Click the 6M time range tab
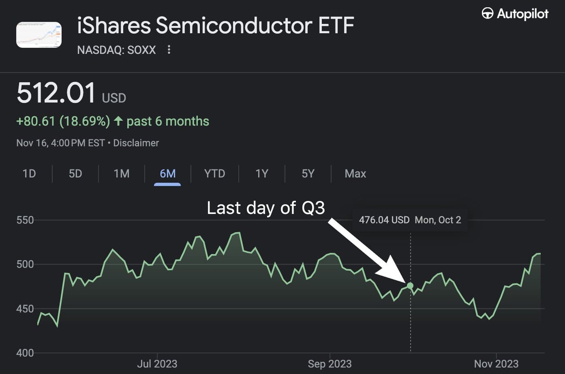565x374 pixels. point(167,174)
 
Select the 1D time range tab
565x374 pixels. point(29,174)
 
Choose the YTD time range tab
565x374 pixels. point(214,174)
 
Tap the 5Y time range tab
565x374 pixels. point(308,174)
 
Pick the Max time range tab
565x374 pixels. point(355,174)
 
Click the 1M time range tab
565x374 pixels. point(122,174)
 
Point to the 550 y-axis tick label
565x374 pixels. point(25,220)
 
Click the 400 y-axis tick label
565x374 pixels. point(25,353)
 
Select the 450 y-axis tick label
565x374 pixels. point(25,309)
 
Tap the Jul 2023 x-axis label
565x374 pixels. point(157,364)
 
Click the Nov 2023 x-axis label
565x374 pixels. point(496,364)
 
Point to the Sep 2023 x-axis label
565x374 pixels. point(330,364)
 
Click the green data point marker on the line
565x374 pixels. point(410,286)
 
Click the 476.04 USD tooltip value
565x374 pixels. point(384,220)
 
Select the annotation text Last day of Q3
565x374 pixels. point(266,208)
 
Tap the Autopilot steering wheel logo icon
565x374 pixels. point(487,14)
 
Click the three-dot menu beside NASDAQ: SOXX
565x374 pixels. point(169,50)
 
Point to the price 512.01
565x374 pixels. point(56,93)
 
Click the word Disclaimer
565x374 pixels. point(136,143)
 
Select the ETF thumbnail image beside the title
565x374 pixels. point(39,35)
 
